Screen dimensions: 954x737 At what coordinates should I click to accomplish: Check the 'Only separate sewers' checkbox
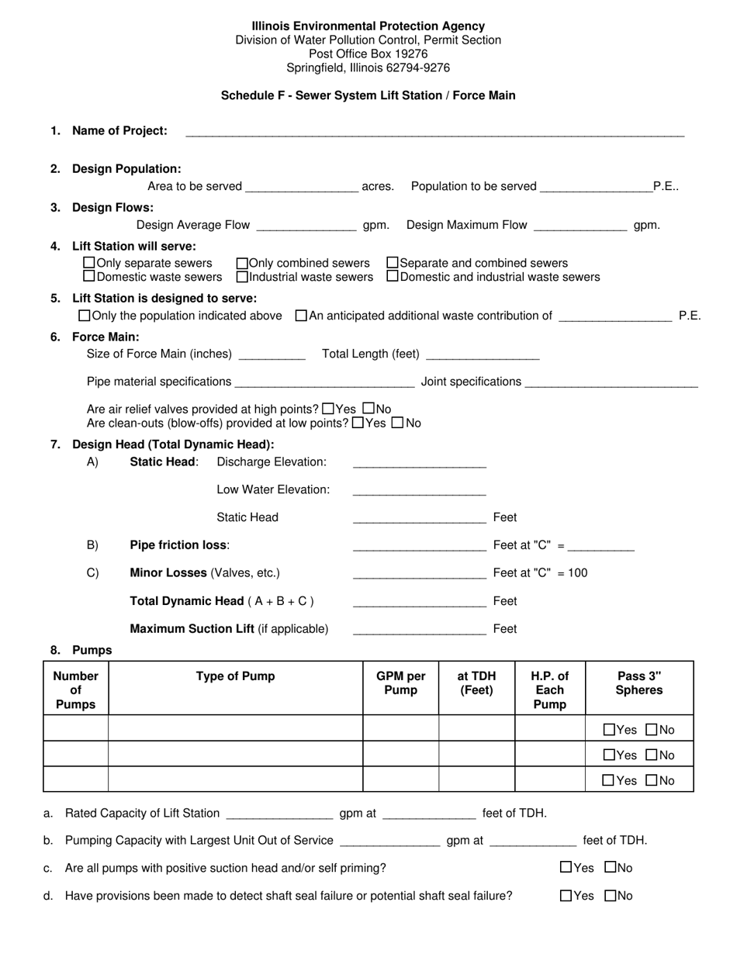(89, 263)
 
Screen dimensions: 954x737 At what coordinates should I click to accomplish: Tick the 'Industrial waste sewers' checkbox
(242, 276)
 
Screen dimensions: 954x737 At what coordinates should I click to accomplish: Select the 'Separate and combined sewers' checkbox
(393, 263)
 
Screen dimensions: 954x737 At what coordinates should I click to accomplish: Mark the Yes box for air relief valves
(328, 409)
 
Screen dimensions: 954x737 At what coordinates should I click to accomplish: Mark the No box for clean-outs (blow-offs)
(397, 423)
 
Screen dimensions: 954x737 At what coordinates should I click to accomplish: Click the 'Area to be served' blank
(301, 187)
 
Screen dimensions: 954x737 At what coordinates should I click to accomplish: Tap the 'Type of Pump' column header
(235, 676)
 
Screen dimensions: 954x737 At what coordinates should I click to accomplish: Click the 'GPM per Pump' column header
(400, 683)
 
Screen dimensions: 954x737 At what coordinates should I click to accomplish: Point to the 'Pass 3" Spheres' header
(638, 683)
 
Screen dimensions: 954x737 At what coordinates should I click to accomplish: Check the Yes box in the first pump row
(609, 729)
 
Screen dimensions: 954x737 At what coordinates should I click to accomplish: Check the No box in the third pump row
(652, 780)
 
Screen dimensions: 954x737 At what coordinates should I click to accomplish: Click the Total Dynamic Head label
(221, 601)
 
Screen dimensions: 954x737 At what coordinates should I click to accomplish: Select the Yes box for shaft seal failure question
(566, 896)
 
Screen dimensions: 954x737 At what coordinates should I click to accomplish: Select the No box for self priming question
(610, 867)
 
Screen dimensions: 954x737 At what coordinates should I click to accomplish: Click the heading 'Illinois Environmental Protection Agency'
(368, 26)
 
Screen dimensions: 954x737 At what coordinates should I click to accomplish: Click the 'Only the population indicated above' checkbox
(85, 316)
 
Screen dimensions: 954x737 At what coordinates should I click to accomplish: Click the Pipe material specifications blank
(324, 382)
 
